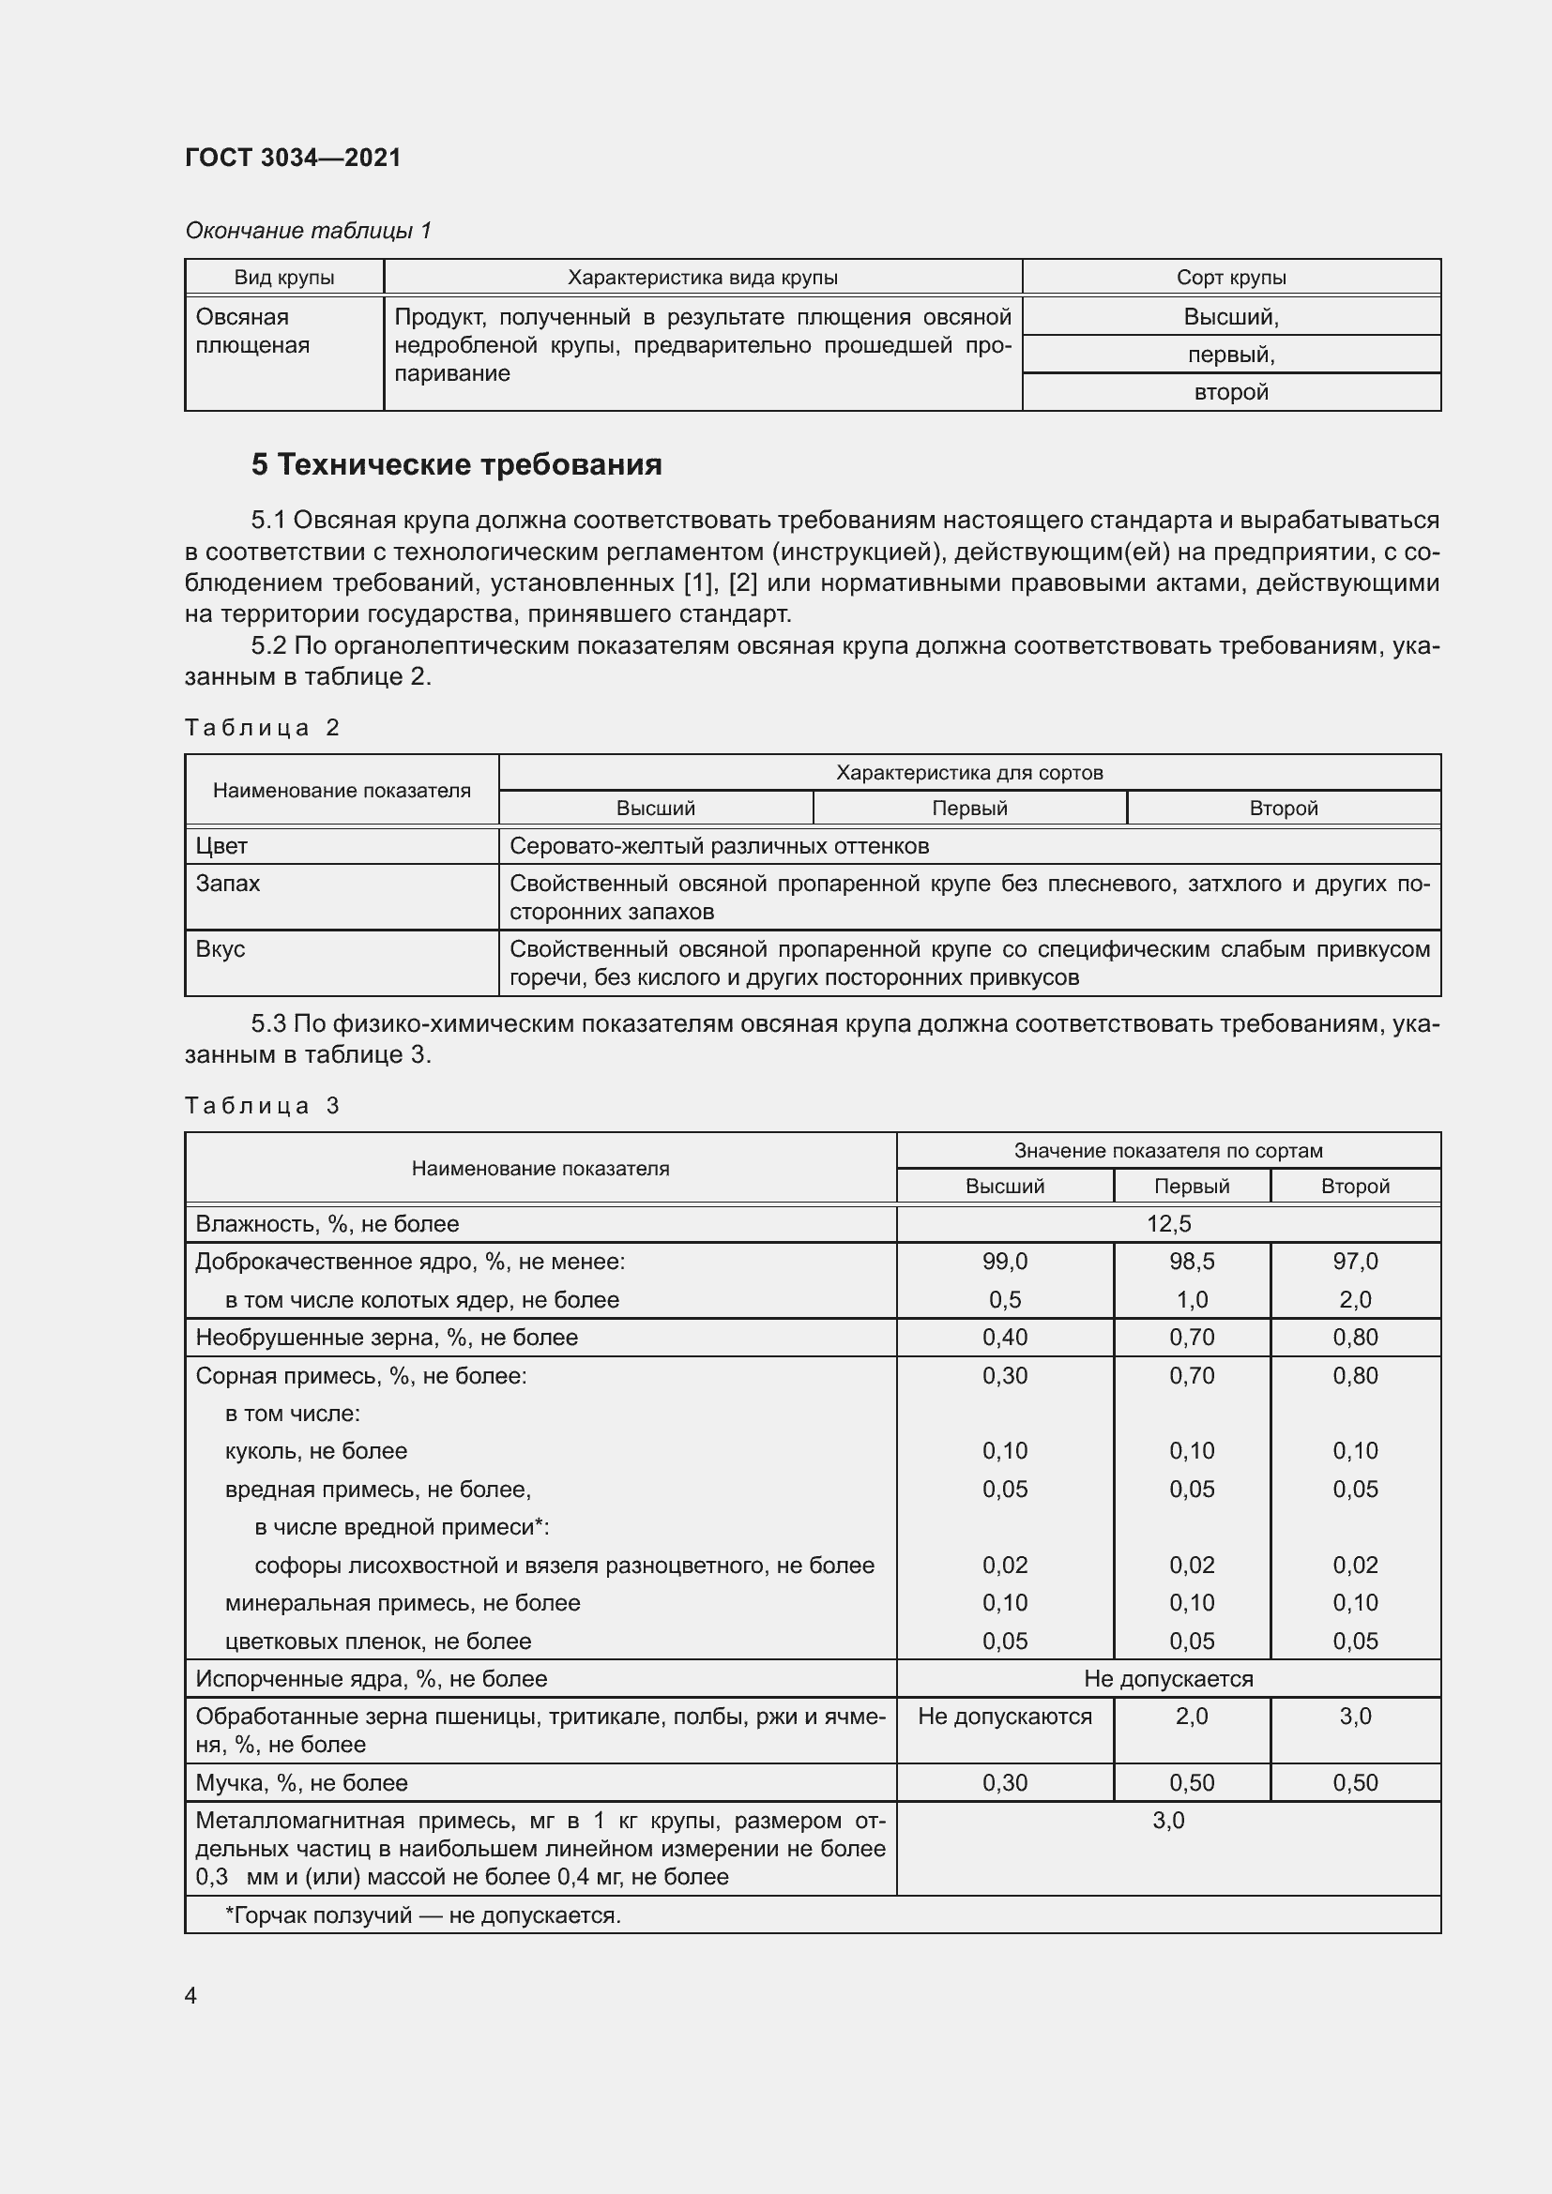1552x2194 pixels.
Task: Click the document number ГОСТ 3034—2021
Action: [293, 158]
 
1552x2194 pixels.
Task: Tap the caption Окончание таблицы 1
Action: [308, 231]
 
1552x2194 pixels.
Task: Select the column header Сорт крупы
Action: [1230, 277]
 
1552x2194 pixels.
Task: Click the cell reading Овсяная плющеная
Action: [252, 330]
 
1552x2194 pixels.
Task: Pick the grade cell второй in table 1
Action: [1230, 392]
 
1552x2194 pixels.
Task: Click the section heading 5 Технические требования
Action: [456, 464]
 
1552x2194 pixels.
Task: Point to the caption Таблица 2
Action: [262, 728]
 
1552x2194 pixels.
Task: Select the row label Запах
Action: [227, 883]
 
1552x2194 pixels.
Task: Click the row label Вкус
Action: [221, 949]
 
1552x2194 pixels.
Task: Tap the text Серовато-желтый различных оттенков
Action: [719, 846]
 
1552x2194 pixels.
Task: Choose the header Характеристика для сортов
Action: [969, 772]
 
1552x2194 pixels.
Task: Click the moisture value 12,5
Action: [1168, 1223]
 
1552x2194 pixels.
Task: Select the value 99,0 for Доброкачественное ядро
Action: [1004, 1262]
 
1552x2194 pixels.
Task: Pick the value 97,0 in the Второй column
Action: [1354, 1262]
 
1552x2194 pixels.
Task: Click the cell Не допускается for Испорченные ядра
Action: [1168, 1678]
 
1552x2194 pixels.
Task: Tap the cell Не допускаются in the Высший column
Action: [1004, 1717]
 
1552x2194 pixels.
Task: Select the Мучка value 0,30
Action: [1004, 1782]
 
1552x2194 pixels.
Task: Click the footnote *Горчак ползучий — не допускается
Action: [422, 1915]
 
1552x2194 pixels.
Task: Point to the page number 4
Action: [191, 1995]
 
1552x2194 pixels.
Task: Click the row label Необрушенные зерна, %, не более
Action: [386, 1337]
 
